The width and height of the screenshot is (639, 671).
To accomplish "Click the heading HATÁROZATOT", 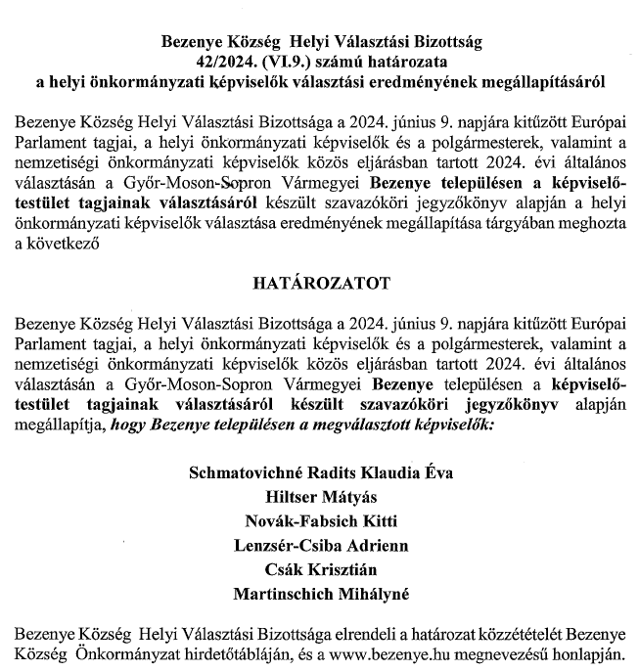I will click(320, 285).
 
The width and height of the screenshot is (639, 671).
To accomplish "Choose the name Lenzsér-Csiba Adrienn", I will click(320, 544).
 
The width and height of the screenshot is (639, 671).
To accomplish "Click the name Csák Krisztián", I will click(320, 568).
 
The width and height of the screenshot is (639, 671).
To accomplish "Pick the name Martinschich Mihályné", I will click(320, 593).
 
